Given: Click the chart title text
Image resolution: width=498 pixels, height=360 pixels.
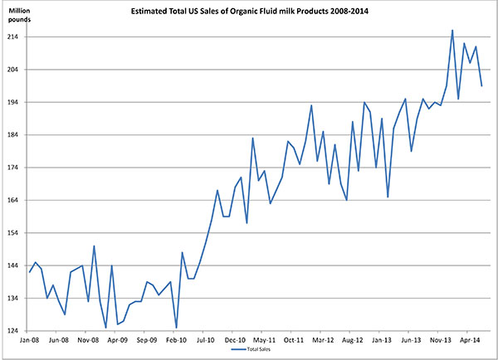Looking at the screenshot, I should (248, 12).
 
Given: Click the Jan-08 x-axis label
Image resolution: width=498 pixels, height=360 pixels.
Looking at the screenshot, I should (29, 340).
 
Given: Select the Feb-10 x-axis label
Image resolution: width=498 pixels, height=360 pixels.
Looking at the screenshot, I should (175, 340).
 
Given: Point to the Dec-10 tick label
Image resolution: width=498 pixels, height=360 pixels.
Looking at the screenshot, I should (234, 340).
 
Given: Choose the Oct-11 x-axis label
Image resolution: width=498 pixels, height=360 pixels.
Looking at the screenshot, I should (293, 340).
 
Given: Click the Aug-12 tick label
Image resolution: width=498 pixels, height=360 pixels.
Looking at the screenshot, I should (352, 340).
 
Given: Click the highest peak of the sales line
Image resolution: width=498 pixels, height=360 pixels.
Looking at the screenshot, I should (452, 30).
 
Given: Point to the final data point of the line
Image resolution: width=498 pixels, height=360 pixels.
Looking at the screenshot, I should (482, 85).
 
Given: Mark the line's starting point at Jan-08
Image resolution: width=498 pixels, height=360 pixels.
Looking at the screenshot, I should (30, 272).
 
